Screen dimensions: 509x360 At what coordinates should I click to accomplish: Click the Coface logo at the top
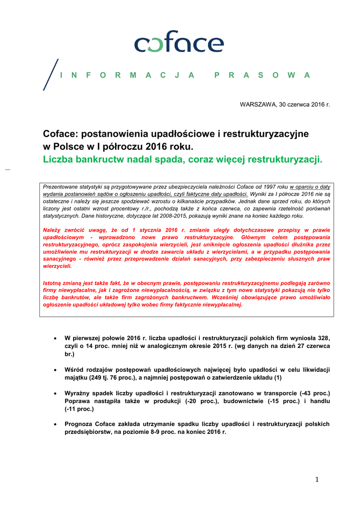(x=179, y=41)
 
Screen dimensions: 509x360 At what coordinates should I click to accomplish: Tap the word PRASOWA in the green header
(x=262, y=75)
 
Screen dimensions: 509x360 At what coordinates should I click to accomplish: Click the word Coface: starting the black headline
(x=60, y=134)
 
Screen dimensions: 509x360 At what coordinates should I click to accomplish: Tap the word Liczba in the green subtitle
(x=59, y=160)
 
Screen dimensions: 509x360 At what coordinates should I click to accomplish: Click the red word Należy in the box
(x=54, y=230)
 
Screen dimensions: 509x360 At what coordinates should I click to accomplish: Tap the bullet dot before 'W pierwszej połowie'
(x=55, y=338)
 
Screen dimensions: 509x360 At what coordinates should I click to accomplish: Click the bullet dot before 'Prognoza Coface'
(x=55, y=424)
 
